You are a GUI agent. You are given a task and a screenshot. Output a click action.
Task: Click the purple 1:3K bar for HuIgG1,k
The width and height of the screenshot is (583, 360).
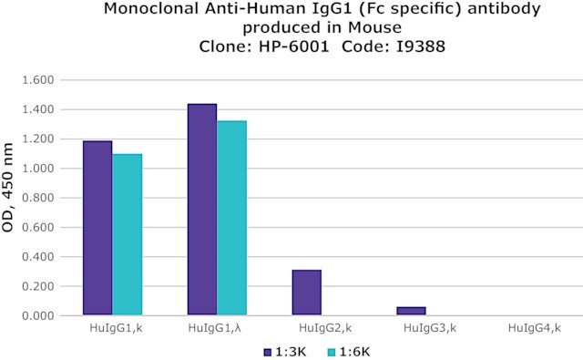pos(97,228)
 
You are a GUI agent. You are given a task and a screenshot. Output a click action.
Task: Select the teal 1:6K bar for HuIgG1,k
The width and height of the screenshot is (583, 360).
pos(128,234)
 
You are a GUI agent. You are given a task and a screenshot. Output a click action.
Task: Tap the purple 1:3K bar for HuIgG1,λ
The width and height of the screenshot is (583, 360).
pos(202,210)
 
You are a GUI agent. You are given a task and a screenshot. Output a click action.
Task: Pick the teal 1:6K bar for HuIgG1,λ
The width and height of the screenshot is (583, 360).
pos(232,218)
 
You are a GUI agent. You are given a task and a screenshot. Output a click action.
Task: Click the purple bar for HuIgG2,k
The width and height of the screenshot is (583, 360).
pos(307,293)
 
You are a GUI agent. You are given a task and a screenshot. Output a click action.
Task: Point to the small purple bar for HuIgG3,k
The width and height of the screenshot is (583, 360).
pos(411,311)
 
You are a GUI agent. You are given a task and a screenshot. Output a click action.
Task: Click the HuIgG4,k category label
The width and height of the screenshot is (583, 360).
pos(535,328)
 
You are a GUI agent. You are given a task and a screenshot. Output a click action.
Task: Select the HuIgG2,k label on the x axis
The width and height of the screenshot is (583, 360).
pos(325,328)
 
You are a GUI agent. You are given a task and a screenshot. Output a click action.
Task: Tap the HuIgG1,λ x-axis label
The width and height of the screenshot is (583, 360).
pos(215,328)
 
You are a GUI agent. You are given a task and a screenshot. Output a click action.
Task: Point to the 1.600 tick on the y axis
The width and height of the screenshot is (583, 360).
pos(38,80)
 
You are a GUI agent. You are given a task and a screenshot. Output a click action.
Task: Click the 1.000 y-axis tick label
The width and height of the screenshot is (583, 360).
pos(38,169)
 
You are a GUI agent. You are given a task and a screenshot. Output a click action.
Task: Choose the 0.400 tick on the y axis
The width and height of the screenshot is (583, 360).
pos(38,257)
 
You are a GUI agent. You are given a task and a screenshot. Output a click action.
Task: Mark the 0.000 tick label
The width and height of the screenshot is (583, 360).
pos(38,315)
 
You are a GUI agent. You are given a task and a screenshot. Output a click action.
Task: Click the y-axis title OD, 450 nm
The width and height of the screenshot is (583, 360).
pos(8,188)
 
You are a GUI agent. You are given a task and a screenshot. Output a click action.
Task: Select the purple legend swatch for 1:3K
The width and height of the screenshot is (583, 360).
pos(267,352)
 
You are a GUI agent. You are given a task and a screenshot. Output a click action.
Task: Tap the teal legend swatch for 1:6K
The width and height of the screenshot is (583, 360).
pos(332,352)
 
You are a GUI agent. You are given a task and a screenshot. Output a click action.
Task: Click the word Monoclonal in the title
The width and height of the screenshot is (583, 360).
pos(150,8)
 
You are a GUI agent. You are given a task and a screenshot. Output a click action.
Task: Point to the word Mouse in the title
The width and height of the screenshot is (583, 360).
pos(374,27)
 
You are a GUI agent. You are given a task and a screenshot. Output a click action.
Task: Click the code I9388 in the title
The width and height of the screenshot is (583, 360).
pos(421,46)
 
